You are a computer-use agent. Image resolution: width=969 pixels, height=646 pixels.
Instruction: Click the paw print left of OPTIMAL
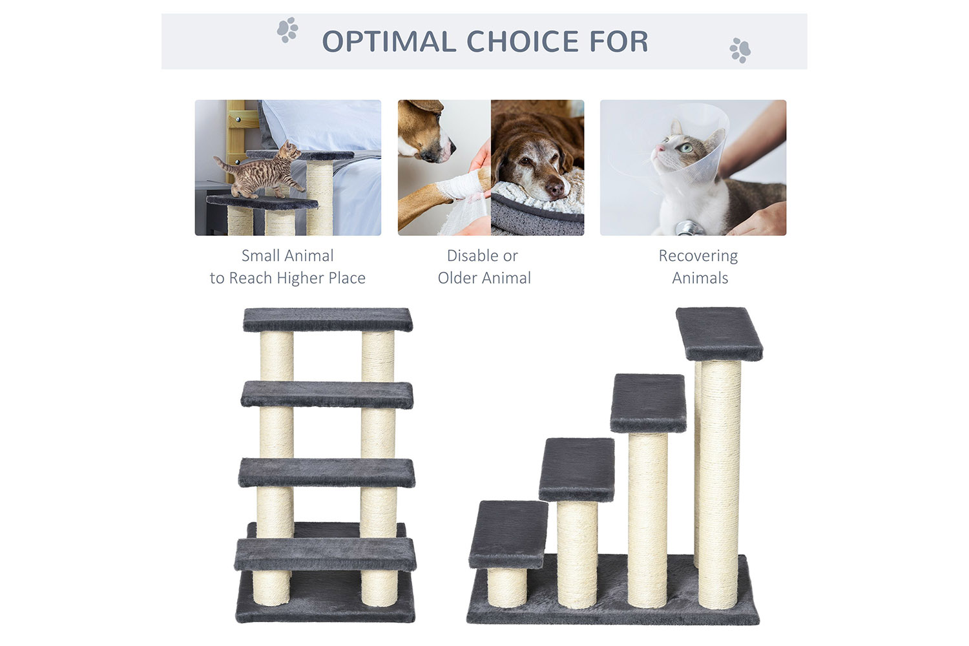pyautogui.click(x=287, y=30)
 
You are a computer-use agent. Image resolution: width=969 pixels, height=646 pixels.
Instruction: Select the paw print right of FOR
pyautogui.click(x=740, y=50)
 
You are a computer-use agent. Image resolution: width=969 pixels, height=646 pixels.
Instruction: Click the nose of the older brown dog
pyautogui.click(x=554, y=188)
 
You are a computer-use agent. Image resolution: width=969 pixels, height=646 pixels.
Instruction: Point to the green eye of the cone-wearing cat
pyautogui.click(x=685, y=148)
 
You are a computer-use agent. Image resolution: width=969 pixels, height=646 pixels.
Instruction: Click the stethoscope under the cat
pyautogui.click(x=690, y=228)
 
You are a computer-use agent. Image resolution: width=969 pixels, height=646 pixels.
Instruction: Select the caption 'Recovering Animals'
pyautogui.click(x=698, y=267)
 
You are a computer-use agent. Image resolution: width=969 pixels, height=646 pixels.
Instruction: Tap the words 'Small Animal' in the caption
pyautogui.click(x=287, y=256)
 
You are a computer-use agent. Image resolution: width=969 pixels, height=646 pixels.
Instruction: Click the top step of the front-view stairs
pyautogui.click(x=328, y=320)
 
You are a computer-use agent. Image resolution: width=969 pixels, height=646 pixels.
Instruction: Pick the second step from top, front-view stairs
pyautogui.click(x=327, y=395)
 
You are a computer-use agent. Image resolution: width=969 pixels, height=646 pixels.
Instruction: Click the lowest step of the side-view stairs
pyautogui.click(x=508, y=534)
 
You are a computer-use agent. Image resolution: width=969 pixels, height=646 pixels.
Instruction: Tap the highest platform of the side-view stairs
pyautogui.click(x=719, y=333)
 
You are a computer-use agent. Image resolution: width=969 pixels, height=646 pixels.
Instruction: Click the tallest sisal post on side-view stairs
pyautogui.click(x=719, y=484)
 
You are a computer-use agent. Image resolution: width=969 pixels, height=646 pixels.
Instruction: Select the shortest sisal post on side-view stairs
pyautogui.click(x=507, y=588)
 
